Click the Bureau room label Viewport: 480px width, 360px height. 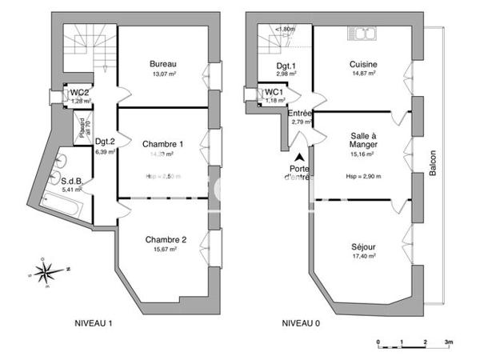point(162,64)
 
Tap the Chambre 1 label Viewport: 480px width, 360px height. point(162,144)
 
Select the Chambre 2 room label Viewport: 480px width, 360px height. point(166,239)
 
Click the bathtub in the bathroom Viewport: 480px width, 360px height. point(63,208)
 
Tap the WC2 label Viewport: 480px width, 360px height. point(78,92)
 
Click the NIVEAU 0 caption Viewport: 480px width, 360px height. point(301,323)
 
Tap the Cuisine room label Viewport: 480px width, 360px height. point(363,64)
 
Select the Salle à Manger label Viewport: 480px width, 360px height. point(364,140)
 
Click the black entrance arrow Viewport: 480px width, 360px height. point(299,158)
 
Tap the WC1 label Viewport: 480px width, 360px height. point(274,92)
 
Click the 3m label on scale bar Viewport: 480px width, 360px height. point(450,342)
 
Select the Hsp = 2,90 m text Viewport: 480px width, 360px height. point(363,176)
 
